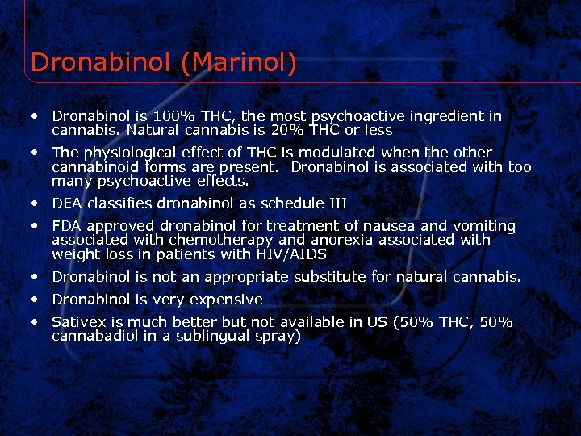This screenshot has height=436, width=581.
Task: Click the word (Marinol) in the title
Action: coord(240,62)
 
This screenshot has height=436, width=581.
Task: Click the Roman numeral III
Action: coord(335,203)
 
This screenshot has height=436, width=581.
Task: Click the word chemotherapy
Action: coord(212,241)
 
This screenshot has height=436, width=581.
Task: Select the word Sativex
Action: coord(77,322)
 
